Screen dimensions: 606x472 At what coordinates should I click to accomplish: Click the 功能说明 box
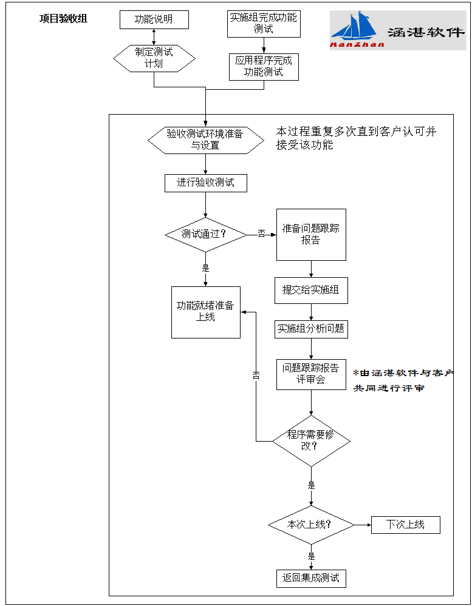pos(154,19)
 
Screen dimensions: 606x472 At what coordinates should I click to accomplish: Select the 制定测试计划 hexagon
pos(154,58)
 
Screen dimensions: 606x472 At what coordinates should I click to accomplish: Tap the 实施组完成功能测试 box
pos(264,23)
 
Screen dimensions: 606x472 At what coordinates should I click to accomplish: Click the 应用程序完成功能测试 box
pos(264,67)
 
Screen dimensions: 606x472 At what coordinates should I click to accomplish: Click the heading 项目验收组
pos(63,19)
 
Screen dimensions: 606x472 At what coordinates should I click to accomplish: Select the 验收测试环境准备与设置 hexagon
pos(205,140)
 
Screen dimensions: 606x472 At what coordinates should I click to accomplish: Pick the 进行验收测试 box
pos(205,183)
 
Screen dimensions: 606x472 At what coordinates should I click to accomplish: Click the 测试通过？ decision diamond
pos(205,234)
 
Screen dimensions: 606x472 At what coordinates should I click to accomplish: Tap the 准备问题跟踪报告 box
pos(311,235)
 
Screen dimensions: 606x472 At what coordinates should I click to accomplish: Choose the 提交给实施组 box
pos(311,291)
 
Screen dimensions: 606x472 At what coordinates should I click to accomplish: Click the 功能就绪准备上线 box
pos(205,312)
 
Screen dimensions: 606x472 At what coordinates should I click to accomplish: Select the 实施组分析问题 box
pos(311,329)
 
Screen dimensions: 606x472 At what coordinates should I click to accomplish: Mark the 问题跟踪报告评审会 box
pos(311,374)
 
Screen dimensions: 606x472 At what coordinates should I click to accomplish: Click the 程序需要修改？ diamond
pos(311,440)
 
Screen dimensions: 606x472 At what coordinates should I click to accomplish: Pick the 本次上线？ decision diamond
pos(311,524)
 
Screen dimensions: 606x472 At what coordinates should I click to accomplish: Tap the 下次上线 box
pos(405,525)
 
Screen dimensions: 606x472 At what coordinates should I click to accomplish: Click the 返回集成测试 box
pos(311,578)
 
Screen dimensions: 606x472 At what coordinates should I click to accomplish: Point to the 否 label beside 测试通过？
pos(261,234)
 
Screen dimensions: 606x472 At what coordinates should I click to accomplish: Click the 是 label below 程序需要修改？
pos(311,485)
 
